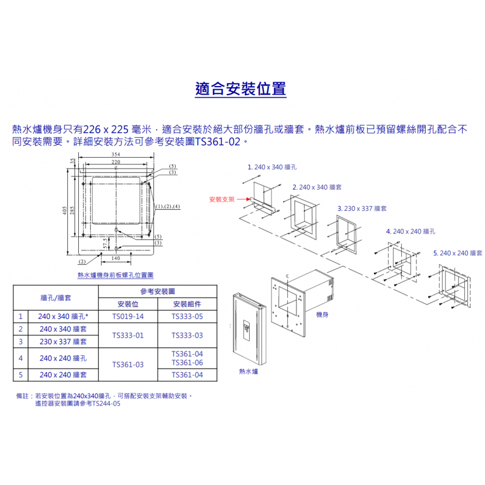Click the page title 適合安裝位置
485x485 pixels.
240,89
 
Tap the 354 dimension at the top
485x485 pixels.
116,155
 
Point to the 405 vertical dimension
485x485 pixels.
64,210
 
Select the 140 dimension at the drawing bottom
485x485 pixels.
116,258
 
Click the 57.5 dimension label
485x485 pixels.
105,243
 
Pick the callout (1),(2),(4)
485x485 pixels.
167,206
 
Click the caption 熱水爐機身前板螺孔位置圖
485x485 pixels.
115,275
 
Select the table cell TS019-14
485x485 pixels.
128,316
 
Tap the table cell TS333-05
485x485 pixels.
187,316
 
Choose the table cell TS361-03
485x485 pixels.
128,365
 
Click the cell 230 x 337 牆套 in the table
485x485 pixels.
63,342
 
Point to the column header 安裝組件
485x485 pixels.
187,304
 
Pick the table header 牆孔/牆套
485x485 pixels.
56,298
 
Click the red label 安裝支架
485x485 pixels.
222,199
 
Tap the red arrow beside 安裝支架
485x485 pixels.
244,199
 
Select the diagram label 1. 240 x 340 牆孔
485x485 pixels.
272,167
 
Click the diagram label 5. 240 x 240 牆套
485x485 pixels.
458,253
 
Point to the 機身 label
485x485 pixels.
323,315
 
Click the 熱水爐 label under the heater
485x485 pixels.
249,371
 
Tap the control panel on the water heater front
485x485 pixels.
247,330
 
